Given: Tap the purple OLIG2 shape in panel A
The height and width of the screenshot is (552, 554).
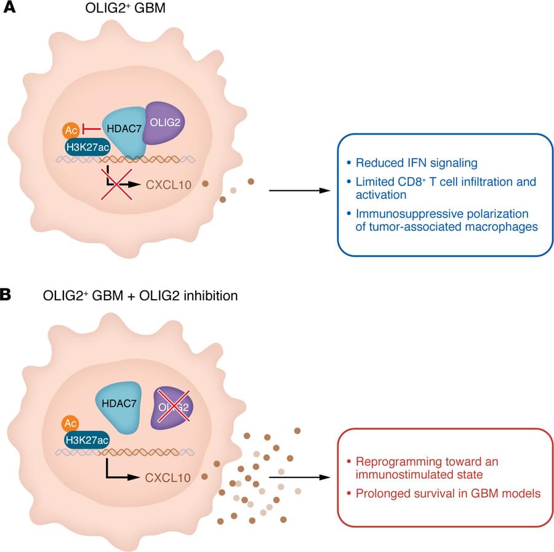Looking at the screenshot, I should (166, 123).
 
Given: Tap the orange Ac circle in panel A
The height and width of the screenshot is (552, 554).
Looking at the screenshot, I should (71, 130).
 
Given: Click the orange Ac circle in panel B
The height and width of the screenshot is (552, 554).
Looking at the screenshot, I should (71, 423).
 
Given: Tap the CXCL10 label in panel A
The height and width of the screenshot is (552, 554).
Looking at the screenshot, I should (169, 183).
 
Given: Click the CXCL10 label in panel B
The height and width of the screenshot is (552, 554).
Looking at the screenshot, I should (169, 476).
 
